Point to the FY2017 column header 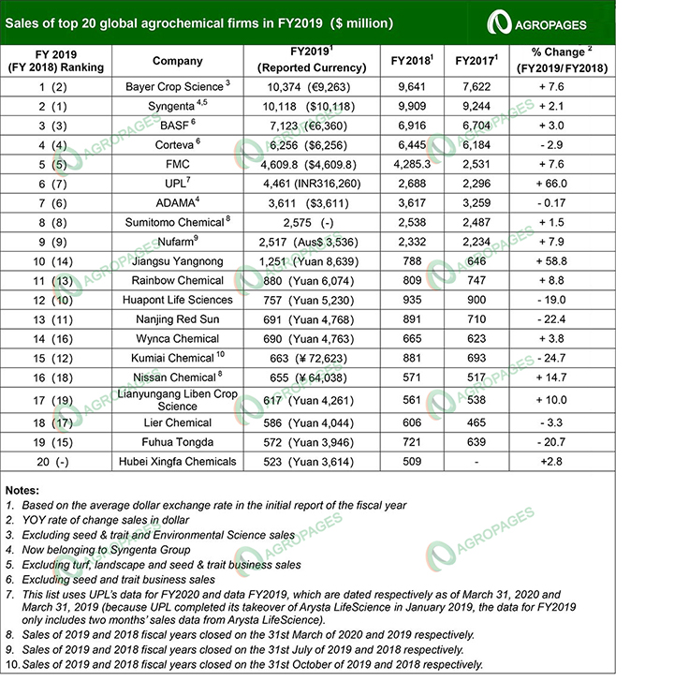click(x=475, y=61)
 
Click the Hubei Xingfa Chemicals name click(x=178, y=461)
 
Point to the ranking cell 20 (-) click(x=56, y=461)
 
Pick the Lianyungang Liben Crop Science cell click(x=178, y=400)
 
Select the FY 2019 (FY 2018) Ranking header click(x=56, y=61)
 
